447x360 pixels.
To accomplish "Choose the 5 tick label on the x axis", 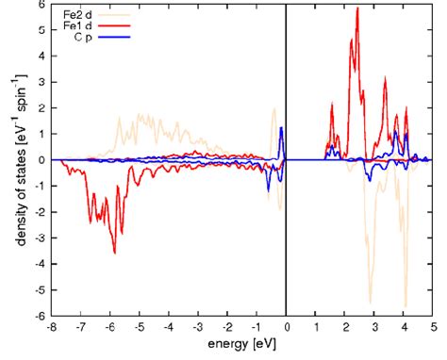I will click(433, 327).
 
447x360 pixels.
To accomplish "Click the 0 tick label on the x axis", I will click(286, 327).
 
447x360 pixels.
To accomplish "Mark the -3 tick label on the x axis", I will click(197, 327).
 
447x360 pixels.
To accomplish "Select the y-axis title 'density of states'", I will click(19, 160).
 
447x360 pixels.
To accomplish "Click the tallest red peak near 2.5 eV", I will click(357, 8).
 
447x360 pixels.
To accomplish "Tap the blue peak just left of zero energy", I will click(281, 128).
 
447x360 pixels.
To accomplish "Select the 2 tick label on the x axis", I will click(345, 327).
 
